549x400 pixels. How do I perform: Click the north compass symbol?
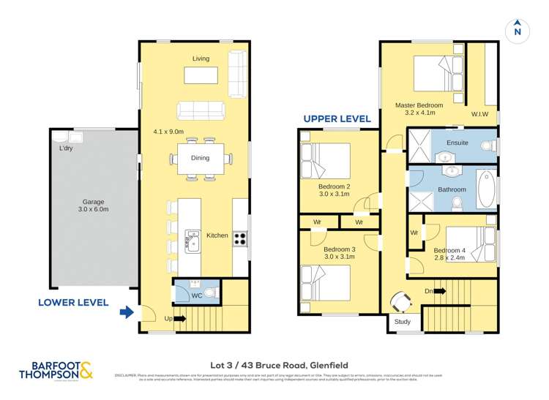click(518, 29)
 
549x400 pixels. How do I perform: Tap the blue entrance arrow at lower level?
click(127, 313)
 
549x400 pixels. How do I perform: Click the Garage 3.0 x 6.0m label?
click(93, 205)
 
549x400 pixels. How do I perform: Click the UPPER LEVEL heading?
click(337, 118)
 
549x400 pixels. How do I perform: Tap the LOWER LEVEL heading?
click(73, 302)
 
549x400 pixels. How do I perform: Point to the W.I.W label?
click(480, 114)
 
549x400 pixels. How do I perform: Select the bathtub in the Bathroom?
click(485, 189)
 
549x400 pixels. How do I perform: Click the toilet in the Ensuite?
click(488, 145)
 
